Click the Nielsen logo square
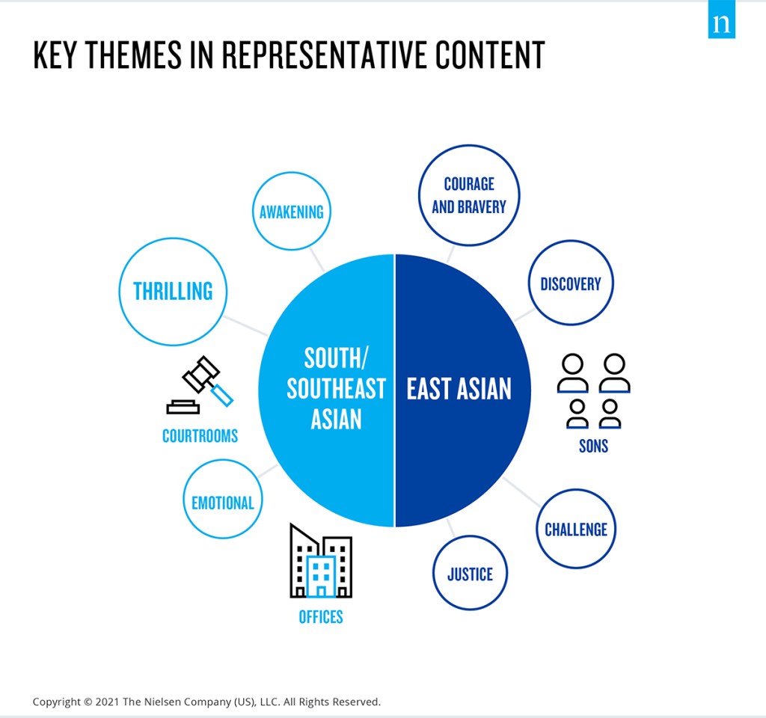(722, 19)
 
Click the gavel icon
(200, 385)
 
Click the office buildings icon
(321, 561)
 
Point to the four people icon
(593, 390)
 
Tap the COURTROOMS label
(200, 436)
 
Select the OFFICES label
(321, 617)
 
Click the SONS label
(593, 446)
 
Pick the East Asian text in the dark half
(459, 389)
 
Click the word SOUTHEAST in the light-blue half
(336, 389)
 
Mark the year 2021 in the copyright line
(107, 702)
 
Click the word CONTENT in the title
(490, 55)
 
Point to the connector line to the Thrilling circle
(245, 326)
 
